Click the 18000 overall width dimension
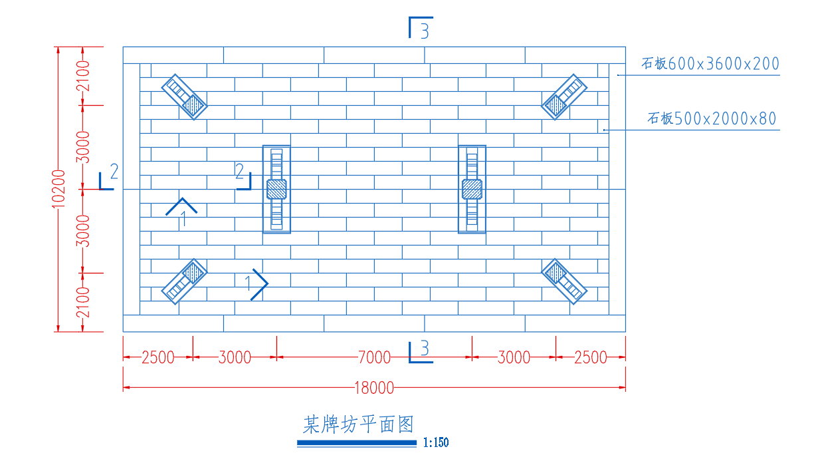coord(374,388)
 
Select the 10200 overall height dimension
coord(58,189)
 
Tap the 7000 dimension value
coord(374,357)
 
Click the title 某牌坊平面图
coord(358,424)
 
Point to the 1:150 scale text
coord(436,442)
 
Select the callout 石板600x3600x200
coord(710,64)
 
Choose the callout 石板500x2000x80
coord(712,118)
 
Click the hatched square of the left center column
coord(276,189)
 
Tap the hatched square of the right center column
coord(472,189)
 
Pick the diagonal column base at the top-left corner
coord(184,96)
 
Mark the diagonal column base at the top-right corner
coord(564,96)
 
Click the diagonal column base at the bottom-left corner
coord(184,281)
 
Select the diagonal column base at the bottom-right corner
coord(564,281)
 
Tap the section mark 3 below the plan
coord(421,352)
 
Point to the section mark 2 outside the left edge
coord(108,176)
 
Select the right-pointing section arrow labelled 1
coord(256,284)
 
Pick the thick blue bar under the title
coord(357,443)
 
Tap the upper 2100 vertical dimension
coord(83,76)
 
